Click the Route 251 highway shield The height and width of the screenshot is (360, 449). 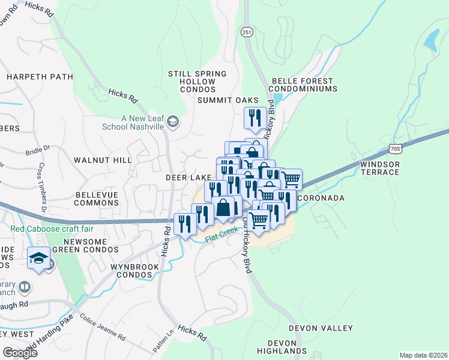tap(247, 32)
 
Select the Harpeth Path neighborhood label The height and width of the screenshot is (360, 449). tap(40, 77)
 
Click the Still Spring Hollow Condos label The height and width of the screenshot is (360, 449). tap(197, 82)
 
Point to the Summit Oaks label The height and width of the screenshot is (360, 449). tap(228, 100)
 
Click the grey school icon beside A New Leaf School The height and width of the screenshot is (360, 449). tap(173, 122)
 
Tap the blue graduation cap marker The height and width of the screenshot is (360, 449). tap(39, 259)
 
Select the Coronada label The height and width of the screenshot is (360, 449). tap(321, 198)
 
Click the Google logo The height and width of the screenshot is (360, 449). tap(20, 353)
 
